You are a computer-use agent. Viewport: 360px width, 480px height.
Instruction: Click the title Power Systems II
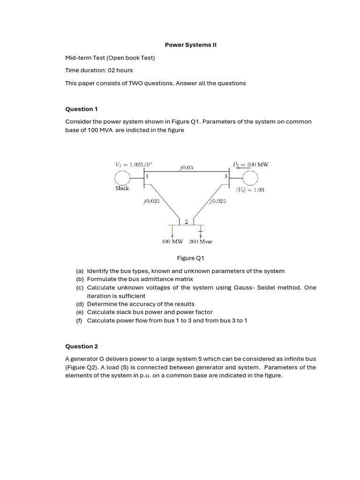(190, 45)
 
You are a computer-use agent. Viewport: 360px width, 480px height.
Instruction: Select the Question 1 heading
(81, 109)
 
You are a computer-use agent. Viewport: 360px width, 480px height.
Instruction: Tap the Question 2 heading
(81, 346)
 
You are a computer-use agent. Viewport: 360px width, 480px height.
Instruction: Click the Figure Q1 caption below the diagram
(190, 258)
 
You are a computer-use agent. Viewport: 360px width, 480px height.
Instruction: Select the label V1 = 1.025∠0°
(134, 165)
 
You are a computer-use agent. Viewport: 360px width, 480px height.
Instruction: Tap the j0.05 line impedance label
(186, 167)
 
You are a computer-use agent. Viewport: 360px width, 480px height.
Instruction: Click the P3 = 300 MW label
(250, 165)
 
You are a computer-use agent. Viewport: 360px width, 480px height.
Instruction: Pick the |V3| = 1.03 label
(250, 190)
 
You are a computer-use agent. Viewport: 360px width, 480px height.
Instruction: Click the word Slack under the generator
(122, 188)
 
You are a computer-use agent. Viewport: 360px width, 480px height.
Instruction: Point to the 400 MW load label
(172, 242)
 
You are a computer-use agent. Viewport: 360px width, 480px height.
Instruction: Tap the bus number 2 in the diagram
(186, 222)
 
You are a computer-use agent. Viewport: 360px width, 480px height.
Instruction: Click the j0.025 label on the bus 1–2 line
(151, 201)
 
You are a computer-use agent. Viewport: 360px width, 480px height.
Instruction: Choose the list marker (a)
(80, 271)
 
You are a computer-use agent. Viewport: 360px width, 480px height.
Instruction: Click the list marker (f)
(80, 321)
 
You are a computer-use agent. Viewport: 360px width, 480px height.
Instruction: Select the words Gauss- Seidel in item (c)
(251, 288)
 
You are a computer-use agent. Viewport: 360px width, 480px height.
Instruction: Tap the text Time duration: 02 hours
(99, 70)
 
